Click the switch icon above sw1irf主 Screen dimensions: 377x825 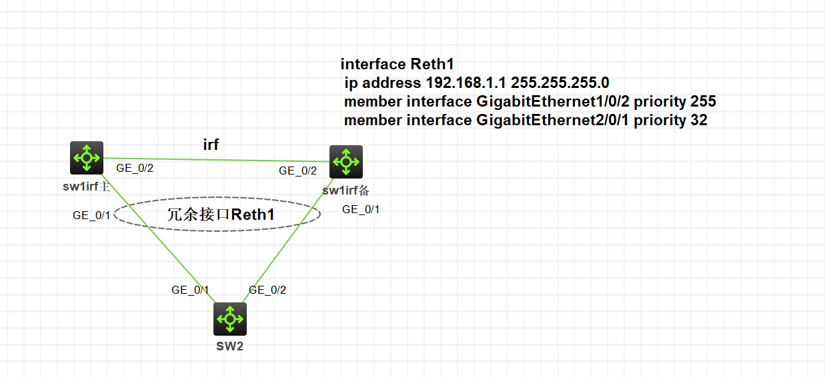click(x=87, y=158)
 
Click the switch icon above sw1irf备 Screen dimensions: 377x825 click(x=346, y=162)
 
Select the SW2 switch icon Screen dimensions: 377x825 click(x=230, y=319)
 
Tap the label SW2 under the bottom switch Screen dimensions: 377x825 click(x=229, y=346)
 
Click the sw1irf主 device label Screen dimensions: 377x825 click(x=87, y=187)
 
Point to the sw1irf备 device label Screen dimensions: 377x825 click(x=345, y=190)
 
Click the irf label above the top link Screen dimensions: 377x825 click(x=211, y=144)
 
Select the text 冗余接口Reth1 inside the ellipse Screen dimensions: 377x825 click(x=221, y=214)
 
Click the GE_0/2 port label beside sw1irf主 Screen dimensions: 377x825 click(x=135, y=168)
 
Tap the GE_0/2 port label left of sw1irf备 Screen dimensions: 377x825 click(x=297, y=171)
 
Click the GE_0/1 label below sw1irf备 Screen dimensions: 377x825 click(x=361, y=209)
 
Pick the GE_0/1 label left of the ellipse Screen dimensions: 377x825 click(x=91, y=215)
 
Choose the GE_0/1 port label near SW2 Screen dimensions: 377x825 click(x=190, y=290)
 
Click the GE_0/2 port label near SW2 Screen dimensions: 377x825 click(x=267, y=290)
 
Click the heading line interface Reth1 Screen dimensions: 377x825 click(x=397, y=64)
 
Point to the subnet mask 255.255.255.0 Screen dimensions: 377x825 click(x=560, y=83)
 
